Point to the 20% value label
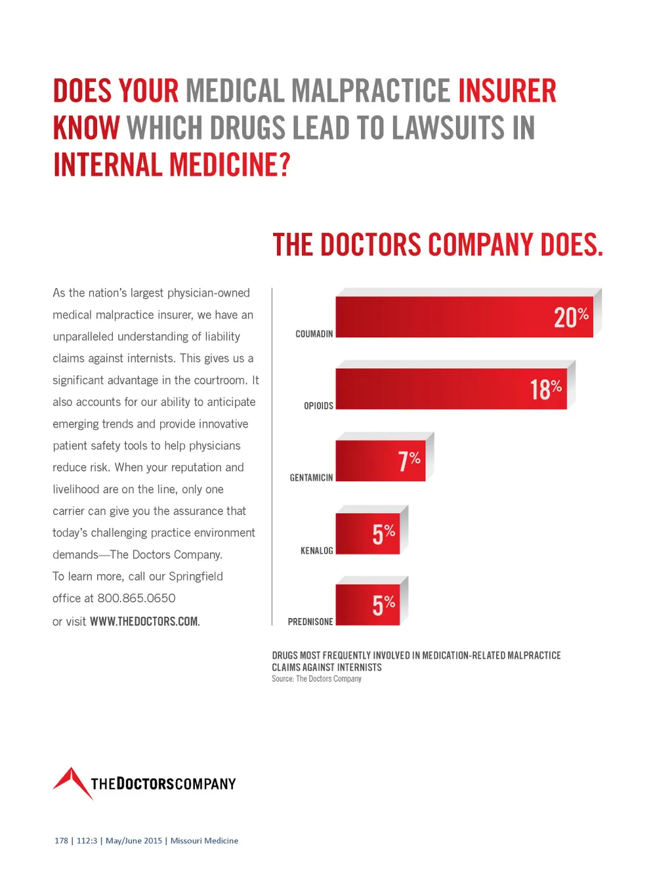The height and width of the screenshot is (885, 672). point(571,317)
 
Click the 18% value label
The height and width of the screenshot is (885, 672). point(545,389)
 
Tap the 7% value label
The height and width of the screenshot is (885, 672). point(409,461)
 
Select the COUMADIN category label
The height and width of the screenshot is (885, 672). point(314,334)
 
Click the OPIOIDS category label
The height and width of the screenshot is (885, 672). point(318,406)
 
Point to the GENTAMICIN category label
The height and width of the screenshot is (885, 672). point(311,478)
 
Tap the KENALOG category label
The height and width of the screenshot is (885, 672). point(316,550)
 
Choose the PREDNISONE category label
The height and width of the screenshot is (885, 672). point(310,621)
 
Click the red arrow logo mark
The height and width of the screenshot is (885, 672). point(72,782)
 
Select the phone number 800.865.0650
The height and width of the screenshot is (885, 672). point(136,598)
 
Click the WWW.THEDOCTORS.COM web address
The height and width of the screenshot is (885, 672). point(144,621)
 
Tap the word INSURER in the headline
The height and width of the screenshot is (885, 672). point(507,91)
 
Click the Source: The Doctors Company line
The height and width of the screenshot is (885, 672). point(316,679)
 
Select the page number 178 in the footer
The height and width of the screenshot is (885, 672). point(61,840)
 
